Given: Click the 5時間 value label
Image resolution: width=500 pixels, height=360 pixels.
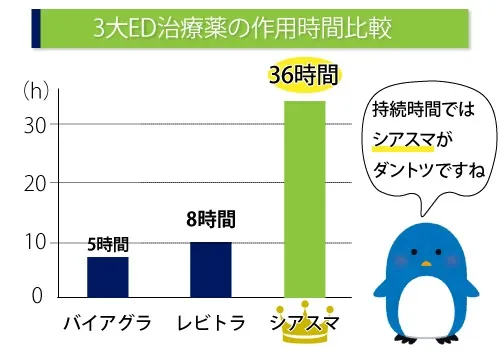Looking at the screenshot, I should pos(107,243).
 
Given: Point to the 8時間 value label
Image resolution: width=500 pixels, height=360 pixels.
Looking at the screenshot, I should pos(210,218).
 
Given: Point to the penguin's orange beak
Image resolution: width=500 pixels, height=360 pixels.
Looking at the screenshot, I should pos(426,266).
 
